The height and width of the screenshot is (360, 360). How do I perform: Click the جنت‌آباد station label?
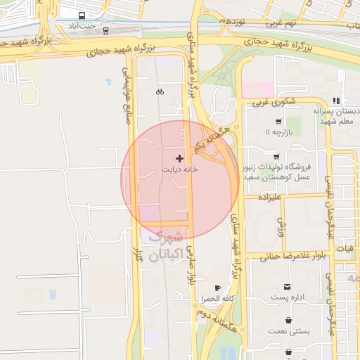(x=82, y=26)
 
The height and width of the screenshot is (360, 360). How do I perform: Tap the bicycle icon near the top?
(x=160, y=91)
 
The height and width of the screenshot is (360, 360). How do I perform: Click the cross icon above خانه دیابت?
(x=179, y=158)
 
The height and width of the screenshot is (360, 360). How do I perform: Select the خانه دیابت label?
(x=179, y=169)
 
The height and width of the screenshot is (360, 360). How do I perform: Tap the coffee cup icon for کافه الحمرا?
(x=217, y=288)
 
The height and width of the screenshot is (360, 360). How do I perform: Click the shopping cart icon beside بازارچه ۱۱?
(x=279, y=122)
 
